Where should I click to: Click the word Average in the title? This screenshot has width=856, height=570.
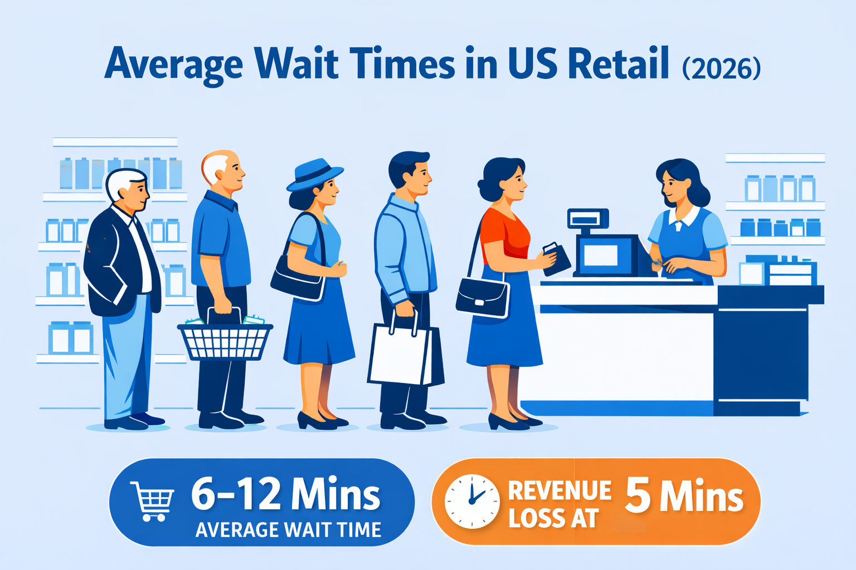[174, 65]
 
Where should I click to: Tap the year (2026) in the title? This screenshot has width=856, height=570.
[721, 68]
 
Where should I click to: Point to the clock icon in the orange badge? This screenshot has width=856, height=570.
[472, 501]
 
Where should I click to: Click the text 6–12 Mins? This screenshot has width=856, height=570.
[285, 494]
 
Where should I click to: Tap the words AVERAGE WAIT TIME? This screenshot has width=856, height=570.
[288, 530]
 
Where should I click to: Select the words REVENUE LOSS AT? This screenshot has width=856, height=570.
[559, 504]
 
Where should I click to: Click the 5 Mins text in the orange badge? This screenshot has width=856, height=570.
[684, 496]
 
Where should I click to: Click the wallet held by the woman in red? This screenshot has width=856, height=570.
[557, 258]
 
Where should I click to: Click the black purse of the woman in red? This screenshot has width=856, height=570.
[483, 297]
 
